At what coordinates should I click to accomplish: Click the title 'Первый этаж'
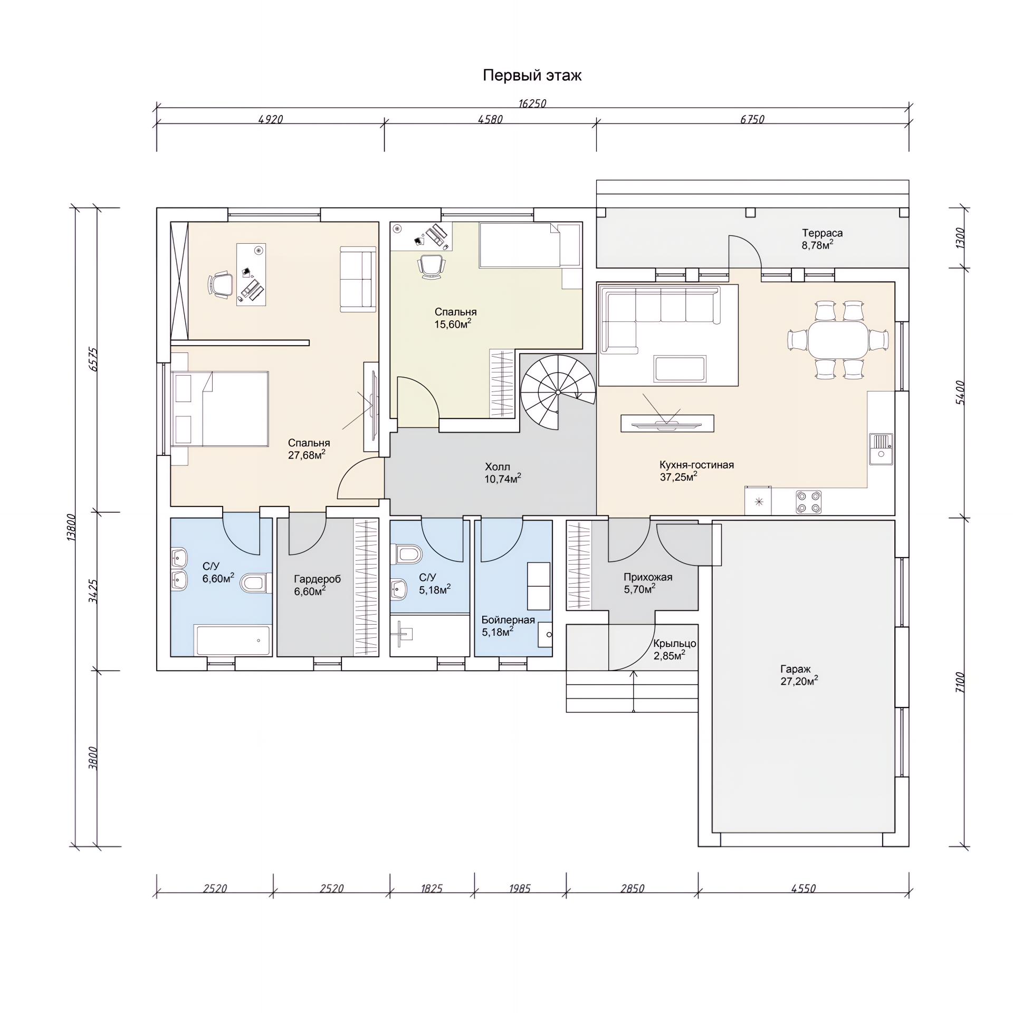click(532, 76)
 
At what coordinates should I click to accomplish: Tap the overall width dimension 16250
click(532, 103)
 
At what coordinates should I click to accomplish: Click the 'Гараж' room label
click(796, 669)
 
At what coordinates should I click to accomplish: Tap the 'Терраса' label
click(823, 233)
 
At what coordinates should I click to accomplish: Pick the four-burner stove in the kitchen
click(808, 502)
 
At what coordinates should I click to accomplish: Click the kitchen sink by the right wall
click(881, 449)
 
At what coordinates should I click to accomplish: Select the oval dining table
click(838, 339)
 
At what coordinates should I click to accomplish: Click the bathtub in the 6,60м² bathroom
click(233, 641)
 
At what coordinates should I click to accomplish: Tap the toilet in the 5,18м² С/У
click(407, 555)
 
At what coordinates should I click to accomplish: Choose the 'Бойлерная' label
click(508, 620)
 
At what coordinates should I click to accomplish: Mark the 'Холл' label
click(498, 467)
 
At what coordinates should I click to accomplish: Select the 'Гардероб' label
click(317, 579)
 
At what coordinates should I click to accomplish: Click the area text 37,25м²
click(678, 477)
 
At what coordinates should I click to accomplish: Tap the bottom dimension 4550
click(804, 888)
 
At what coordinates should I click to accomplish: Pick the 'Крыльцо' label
click(675, 644)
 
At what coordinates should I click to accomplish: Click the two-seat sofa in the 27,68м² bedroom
click(358, 279)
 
